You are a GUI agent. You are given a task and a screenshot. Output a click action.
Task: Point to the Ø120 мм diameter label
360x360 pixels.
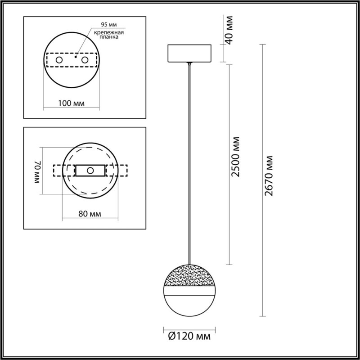(188, 335)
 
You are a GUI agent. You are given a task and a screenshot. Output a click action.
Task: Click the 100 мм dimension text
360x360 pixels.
(72, 103)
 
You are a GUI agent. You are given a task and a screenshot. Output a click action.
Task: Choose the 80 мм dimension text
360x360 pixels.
(90, 213)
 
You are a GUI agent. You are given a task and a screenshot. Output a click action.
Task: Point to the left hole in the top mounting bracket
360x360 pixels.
(59, 60)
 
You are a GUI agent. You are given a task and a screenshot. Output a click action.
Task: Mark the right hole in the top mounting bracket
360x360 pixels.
(84, 60)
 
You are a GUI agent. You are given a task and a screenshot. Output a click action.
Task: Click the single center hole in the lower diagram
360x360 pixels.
(90, 171)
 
